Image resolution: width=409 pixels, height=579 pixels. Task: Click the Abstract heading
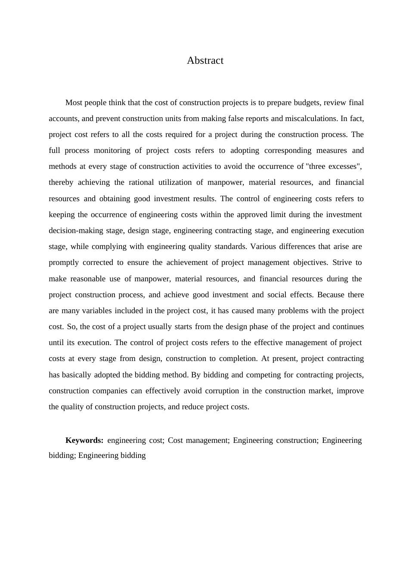[x=205, y=60]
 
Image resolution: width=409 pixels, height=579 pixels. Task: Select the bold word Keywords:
[x=84, y=440]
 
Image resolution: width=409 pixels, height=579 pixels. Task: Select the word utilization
[x=175, y=182]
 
